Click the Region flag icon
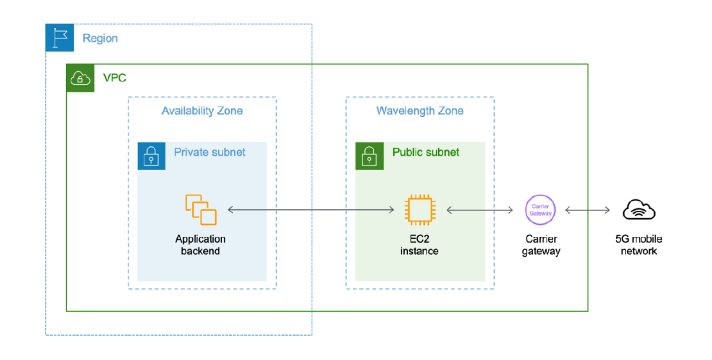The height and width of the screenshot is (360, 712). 60,38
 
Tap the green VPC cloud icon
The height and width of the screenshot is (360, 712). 80,78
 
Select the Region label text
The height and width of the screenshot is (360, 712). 100,39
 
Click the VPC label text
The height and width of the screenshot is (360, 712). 114,78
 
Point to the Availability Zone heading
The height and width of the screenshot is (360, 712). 202,110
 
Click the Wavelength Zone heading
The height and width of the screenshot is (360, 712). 420,110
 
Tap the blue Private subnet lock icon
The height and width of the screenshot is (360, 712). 151,156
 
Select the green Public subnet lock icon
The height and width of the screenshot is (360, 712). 369,156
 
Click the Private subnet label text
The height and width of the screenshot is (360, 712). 210,152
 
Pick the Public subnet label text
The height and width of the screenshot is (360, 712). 426,152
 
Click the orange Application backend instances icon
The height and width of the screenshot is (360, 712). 201,210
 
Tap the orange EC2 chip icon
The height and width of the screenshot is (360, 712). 420,210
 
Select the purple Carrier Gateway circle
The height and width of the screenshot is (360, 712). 540,210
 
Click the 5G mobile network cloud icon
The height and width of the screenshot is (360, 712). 639,210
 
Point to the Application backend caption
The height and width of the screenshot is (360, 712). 200,245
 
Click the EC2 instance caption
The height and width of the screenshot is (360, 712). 419,245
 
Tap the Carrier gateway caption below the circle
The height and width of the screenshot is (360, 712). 541,245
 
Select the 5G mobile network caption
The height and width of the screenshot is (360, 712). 639,245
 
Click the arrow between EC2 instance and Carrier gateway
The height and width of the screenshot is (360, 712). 480,210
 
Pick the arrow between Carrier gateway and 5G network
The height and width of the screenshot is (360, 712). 588,210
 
